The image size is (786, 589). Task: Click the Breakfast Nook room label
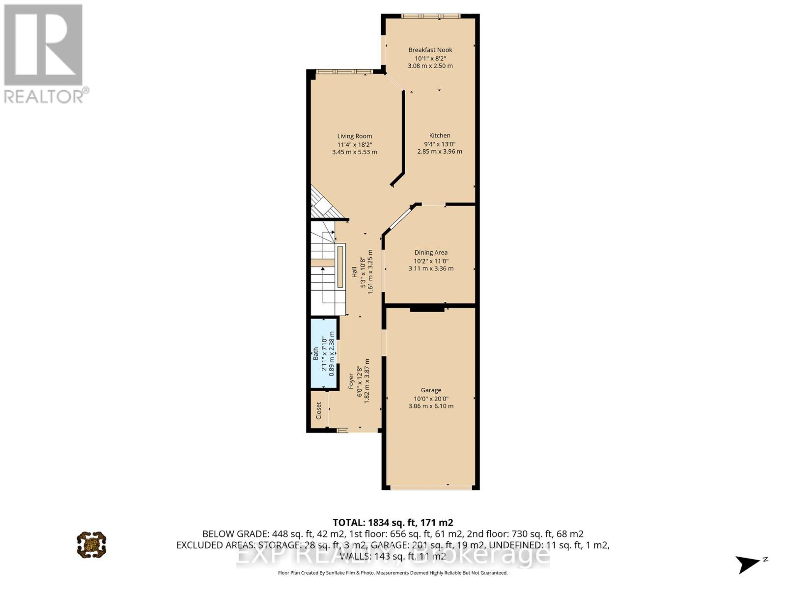coord(430,50)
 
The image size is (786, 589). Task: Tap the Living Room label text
coord(354,136)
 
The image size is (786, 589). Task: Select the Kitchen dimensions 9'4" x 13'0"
coord(440,144)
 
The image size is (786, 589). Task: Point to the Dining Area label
coord(431,252)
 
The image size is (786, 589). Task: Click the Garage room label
coord(431,390)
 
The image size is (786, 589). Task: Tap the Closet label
coord(318,410)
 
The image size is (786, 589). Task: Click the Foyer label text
coord(351,381)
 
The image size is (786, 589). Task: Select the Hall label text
coord(354,272)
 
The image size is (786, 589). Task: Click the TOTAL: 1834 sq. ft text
coord(393,522)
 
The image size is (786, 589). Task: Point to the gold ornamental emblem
coord(91,544)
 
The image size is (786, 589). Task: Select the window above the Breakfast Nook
coord(430,16)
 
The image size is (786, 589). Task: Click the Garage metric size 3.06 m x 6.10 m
coord(431,406)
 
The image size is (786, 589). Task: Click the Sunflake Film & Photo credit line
coord(393,573)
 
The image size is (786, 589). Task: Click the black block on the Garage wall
coord(427,309)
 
